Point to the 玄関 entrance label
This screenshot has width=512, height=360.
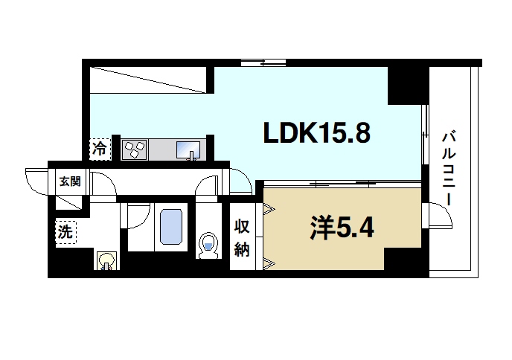point(70,180)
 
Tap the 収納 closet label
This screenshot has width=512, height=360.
point(242,237)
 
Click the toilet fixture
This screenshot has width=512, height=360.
point(208,245)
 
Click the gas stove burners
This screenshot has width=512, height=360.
point(135,150)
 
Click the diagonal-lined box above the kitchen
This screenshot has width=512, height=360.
point(148,79)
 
